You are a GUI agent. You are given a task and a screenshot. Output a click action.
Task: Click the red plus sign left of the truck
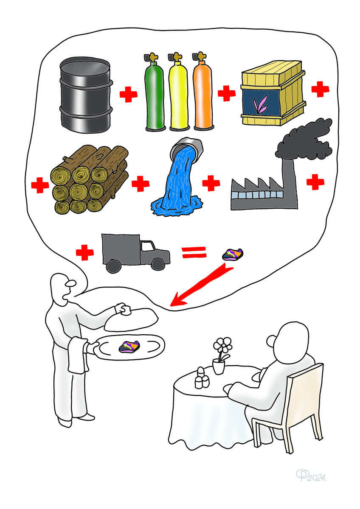84,253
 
